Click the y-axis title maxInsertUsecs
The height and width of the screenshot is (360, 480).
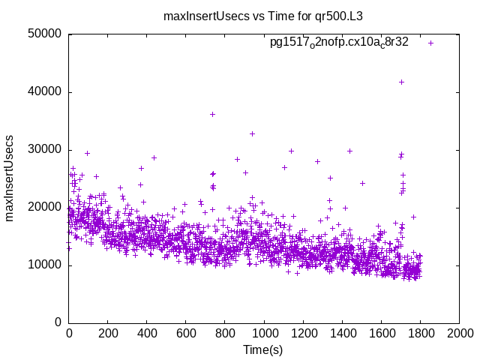[10, 178]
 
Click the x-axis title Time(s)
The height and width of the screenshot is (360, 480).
[263, 350]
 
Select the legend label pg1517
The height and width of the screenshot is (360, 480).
[339, 43]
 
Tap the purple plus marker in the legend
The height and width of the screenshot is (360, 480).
[430, 43]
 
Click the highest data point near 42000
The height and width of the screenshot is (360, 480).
[401, 82]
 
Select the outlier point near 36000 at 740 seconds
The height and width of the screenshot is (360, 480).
[213, 114]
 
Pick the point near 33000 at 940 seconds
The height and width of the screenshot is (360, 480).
[252, 133]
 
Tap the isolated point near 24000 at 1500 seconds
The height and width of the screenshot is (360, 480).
[362, 183]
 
